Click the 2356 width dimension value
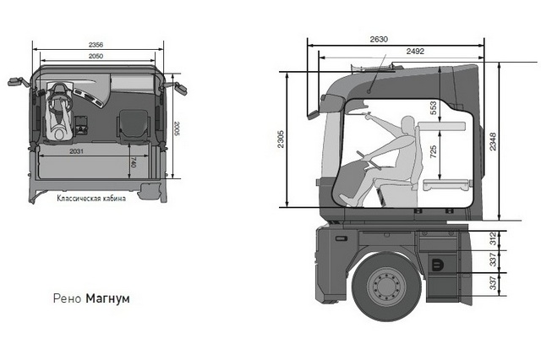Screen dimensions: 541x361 pyautogui.click(x=96, y=45)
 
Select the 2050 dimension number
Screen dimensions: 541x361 pyautogui.click(x=96, y=56)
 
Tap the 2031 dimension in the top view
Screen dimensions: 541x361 pyautogui.click(x=76, y=151)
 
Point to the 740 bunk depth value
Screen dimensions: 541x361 pyautogui.click(x=134, y=162)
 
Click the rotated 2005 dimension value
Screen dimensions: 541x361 pyautogui.click(x=177, y=129)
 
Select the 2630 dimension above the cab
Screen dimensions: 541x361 pyautogui.click(x=379, y=40)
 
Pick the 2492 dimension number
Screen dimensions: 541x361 pyautogui.click(x=415, y=52)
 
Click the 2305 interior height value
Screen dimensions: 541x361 pyautogui.click(x=281, y=139)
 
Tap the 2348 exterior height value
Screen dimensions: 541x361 pyautogui.click(x=493, y=141)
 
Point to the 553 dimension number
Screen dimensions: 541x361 pyautogui.click(x=434, y=108)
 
